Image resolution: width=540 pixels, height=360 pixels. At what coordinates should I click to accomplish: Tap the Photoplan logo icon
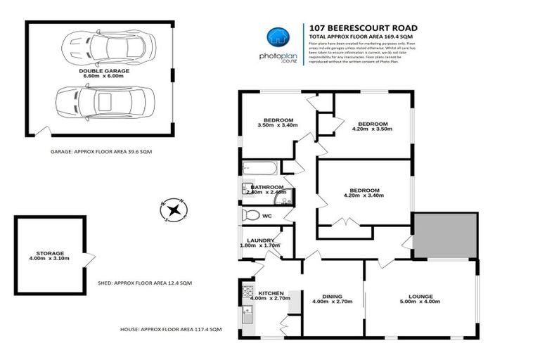pos(275,37)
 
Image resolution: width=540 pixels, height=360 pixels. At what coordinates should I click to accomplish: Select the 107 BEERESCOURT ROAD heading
pos(353,29)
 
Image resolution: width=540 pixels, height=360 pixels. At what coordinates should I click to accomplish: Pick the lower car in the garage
pos(105,102)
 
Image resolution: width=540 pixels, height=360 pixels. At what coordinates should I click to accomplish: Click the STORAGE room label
pos(50,253)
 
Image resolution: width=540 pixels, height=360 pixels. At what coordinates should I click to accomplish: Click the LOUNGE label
pos(420,296)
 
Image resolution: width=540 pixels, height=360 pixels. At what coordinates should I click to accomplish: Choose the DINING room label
pos(332,296)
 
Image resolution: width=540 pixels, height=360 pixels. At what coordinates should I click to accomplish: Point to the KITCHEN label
pos(271,292)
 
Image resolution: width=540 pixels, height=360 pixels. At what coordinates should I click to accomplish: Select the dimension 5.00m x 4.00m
pos(420,302)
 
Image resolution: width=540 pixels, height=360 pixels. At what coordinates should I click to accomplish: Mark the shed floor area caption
pos(145,283)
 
